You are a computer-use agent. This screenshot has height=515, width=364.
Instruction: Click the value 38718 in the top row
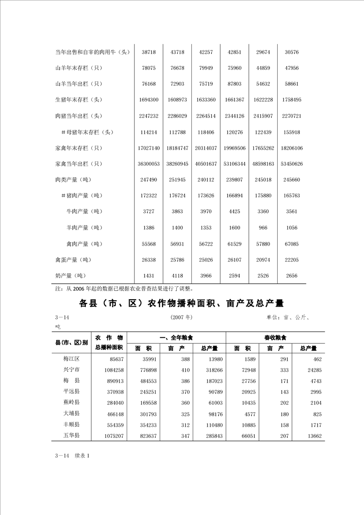click(149, 52)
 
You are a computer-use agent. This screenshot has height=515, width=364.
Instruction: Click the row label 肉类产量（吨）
click(75, 180)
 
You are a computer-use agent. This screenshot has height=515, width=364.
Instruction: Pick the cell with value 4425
click(235, 212)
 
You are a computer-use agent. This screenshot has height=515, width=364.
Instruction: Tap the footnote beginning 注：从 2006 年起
click(124, 289)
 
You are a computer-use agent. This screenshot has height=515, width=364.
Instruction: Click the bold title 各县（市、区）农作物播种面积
click(182, 304)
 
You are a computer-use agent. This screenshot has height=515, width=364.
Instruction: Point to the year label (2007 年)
click(181, 317)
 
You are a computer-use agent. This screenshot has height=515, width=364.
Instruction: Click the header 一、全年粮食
click(177, 338)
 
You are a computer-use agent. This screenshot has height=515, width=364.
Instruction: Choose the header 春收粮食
click(275, 338)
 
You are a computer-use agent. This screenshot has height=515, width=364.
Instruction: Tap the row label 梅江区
click(72, 359)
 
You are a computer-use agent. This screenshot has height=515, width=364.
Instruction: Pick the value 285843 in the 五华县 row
click(212, 436)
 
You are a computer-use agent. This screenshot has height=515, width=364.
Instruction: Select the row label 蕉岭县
click(72, 403)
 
